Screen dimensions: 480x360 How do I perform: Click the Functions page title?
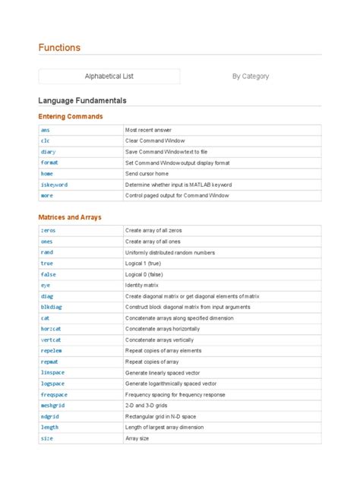59,48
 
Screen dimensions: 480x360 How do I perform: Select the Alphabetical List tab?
109,76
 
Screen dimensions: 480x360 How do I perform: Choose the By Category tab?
251,76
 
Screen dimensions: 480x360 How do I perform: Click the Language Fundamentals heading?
82,100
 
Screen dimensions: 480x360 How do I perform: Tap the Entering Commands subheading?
70,116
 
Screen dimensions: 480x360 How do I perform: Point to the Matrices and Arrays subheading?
70,217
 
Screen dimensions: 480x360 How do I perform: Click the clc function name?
45,141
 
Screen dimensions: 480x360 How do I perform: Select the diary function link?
48,152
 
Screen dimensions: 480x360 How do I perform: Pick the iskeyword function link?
54,185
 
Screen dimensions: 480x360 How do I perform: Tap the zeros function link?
48,230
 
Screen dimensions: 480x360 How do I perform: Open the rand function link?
46,252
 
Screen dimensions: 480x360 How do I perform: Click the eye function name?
45,285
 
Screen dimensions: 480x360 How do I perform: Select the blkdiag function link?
52,307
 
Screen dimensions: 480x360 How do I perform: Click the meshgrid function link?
53,406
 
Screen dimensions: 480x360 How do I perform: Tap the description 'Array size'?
137,438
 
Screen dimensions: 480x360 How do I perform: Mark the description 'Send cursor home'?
147,174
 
